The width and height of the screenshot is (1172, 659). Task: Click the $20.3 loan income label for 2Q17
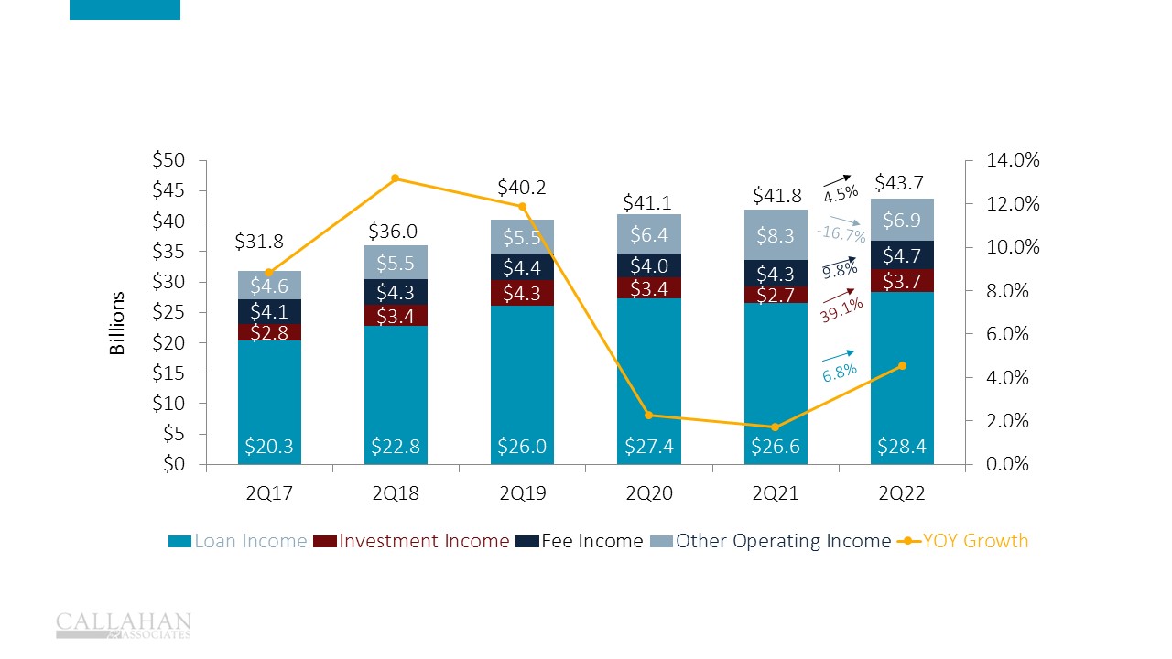[268, 447]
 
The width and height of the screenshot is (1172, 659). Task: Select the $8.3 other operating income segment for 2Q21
[776, 235]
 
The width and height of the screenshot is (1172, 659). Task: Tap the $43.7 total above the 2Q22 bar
[898, 183]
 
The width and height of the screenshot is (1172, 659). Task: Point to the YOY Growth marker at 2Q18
[396, 178]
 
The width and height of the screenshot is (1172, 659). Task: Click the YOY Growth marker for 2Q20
[649, 416]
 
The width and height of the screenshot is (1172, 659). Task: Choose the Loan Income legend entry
[237, 541]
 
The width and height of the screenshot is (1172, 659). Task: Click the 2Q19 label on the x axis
[523, 493]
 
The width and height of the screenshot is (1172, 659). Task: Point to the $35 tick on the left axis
[168, 252]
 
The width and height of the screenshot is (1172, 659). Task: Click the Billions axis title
[117, 323]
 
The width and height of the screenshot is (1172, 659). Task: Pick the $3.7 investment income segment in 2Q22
[902, 280]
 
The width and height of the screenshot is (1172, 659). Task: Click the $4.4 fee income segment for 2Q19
[523, 267]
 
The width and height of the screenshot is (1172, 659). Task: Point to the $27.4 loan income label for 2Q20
[648, 447]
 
